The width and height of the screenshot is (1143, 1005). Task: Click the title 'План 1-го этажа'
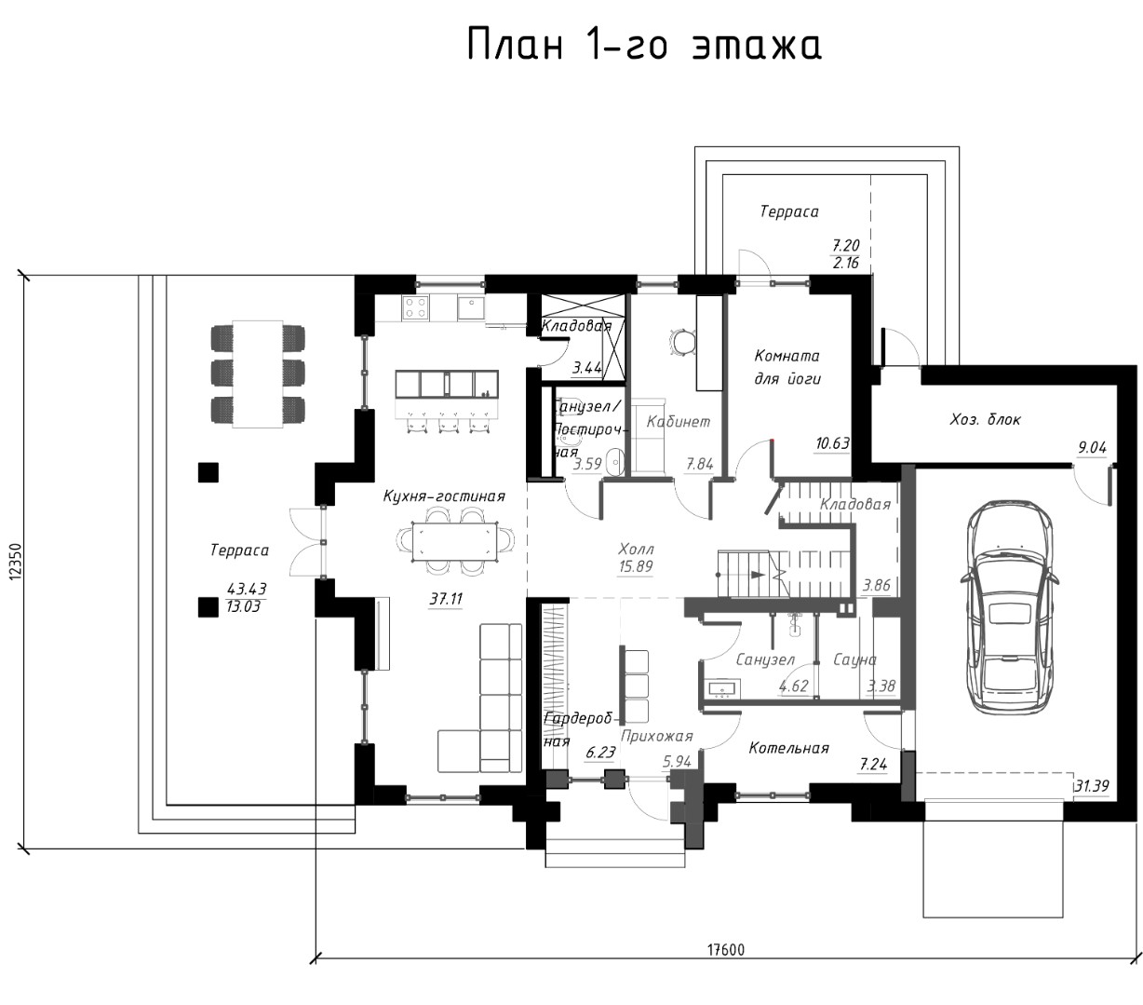[644, 45]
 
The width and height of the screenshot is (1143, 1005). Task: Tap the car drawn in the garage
[1008, 607]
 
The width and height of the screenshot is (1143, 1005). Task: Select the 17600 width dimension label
[726, 950]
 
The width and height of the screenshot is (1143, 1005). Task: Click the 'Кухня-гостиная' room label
[444, 496]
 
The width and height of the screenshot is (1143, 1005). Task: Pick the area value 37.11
[446, 599]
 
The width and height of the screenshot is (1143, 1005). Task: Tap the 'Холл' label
[636, 549]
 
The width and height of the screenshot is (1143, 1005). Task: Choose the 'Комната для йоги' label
[787, 368]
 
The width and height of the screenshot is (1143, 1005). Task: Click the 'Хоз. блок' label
[986, 419]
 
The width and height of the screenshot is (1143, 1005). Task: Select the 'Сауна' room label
[854, 659]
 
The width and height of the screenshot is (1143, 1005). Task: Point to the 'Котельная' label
[788, 748]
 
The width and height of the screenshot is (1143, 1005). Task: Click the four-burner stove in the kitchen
[415, 307]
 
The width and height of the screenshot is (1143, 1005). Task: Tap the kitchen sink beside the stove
[471, 307]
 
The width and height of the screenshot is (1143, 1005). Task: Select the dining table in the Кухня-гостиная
[455, 542]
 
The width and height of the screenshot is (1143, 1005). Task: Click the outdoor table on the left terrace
[258, 374]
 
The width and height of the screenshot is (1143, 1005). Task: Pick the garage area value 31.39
[1092, 785]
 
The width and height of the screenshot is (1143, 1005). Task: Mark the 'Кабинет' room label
[679, 421]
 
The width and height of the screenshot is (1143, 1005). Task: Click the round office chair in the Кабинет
[682, 342]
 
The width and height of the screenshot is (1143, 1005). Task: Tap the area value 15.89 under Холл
[636, 565]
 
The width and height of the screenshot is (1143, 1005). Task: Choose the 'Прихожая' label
[657, 736]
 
